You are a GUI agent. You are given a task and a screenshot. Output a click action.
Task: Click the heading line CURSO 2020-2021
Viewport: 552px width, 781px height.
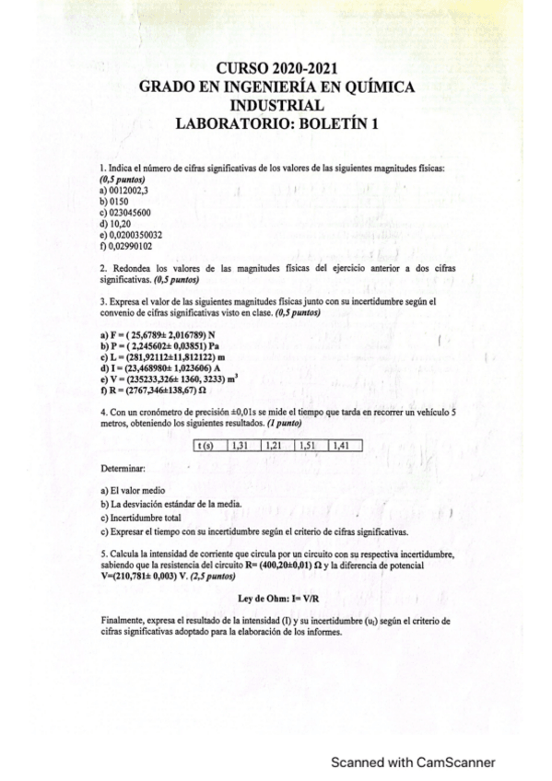[x=276, y=68]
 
